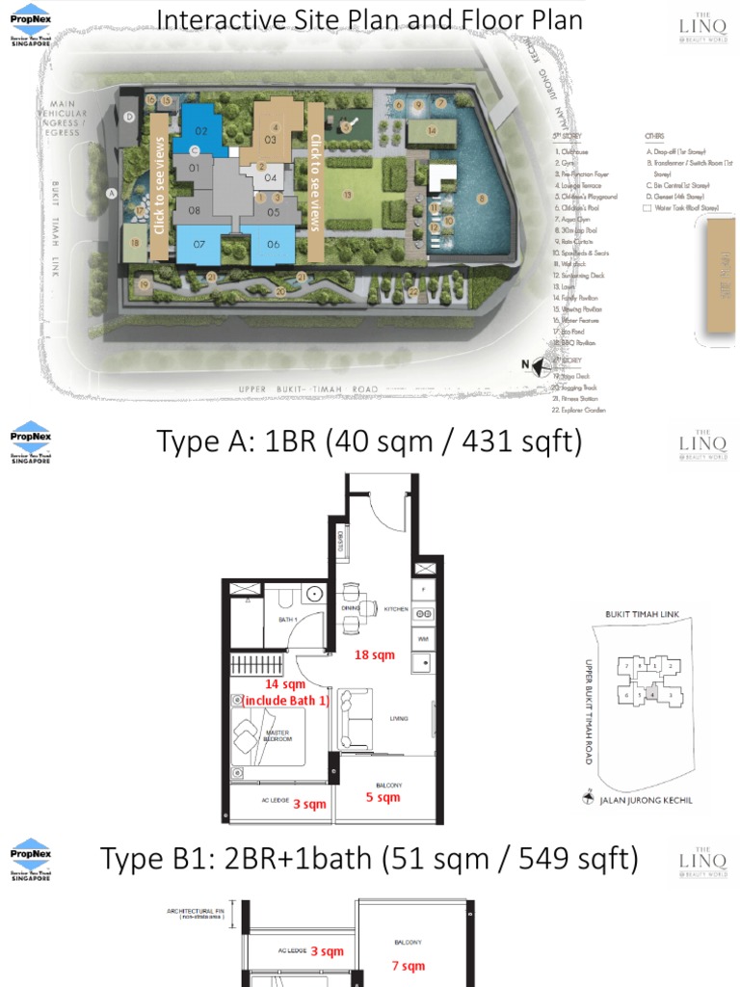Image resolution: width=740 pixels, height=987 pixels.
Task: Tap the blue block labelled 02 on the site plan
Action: pos(202,130)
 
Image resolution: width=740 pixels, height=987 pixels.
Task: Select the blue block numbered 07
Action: pos(199,244)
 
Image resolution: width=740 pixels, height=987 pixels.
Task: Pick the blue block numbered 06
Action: pos(274,244)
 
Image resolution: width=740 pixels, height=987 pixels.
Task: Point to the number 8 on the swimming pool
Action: pos(482,199)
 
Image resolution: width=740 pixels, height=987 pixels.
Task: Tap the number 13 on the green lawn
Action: pos(346,195)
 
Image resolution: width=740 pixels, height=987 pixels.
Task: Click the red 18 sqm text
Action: pos(375,655)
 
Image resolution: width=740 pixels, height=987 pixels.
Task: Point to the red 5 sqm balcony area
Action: pos(383,797)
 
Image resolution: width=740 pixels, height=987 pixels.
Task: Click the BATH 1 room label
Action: pos(287,620)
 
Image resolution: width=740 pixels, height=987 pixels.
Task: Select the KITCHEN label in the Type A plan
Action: pos(396,610)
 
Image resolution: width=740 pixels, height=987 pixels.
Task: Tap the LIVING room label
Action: pos(399,718)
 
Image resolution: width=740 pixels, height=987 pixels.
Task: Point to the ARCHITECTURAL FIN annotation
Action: pos(196,913)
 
